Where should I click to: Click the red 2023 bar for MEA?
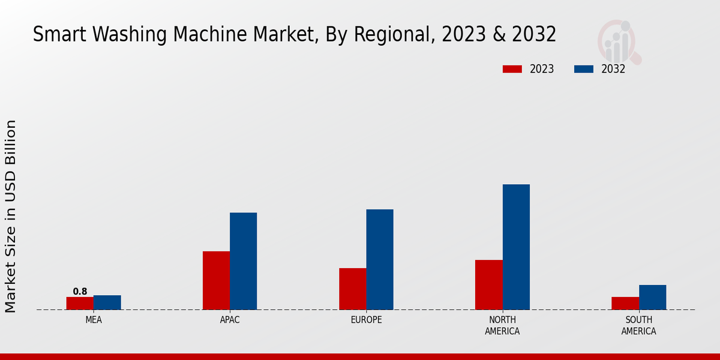80,303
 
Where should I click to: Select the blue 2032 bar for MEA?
107,302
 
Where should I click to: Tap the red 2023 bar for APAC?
216,280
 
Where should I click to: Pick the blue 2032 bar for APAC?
243,261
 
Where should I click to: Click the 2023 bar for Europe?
352,289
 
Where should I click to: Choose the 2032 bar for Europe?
380,259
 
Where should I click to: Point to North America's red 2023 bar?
488,284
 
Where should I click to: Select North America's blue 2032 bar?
516,247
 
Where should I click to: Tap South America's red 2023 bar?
625,303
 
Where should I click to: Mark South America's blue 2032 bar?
652,297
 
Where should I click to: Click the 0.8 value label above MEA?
80,292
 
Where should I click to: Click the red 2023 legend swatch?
512,69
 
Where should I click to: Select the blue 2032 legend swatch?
583,69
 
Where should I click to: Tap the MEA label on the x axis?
94,320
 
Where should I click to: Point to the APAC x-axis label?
230,320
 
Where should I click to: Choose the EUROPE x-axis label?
366,320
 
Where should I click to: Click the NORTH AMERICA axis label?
502,325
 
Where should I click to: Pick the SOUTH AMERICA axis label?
638,325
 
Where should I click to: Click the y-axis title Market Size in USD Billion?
11,216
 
